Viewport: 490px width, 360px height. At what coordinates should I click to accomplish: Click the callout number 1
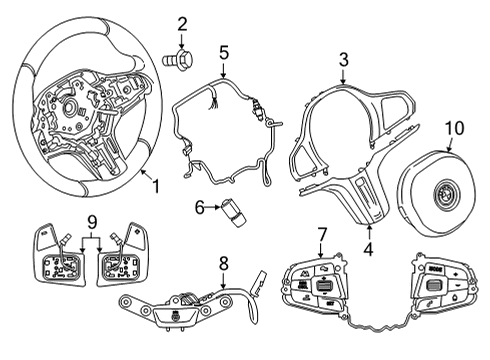[x=156, y=185]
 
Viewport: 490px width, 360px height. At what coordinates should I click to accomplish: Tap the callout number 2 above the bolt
[x=182, y=24]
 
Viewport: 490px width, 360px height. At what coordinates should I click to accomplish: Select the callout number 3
[x=344, y=60]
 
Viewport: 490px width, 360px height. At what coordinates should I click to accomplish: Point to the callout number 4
[x=368, y=249]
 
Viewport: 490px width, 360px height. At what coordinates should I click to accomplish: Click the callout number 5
[x=224, y=53]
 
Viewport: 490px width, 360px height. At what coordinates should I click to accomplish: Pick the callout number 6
[x=199, y=207]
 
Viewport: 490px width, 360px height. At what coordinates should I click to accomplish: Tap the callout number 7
[x=321, y=234]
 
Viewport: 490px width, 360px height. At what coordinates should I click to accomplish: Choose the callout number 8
[x=224, y=263]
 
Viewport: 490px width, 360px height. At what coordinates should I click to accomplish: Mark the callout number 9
[x=92, y=222]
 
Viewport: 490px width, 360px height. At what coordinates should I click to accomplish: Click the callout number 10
[x=455, y=128]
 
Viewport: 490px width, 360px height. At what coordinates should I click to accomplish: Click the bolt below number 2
[x=178, y=60]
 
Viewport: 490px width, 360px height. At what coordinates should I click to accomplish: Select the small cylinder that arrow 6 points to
[x=232, y=214]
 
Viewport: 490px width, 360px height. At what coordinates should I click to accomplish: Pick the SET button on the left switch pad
[x=330, y=303]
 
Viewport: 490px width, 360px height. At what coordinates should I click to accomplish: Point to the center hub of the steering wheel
[x=71, y=107]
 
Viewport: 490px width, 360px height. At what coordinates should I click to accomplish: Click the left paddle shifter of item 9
[x=45, y=236]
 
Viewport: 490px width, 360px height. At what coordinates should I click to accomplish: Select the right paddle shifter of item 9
[x=136, y=236]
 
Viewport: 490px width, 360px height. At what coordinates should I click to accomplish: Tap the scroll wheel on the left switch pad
[x=322, y=286]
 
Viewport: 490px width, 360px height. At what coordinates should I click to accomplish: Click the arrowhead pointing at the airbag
[x=449, y=149]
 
